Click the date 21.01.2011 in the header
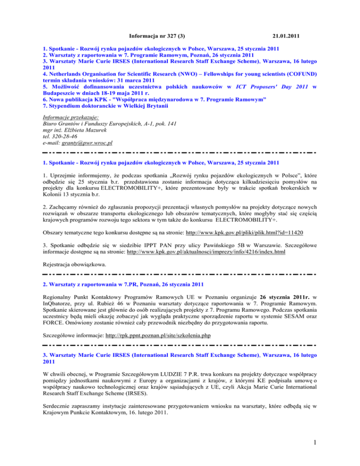point(285,22)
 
